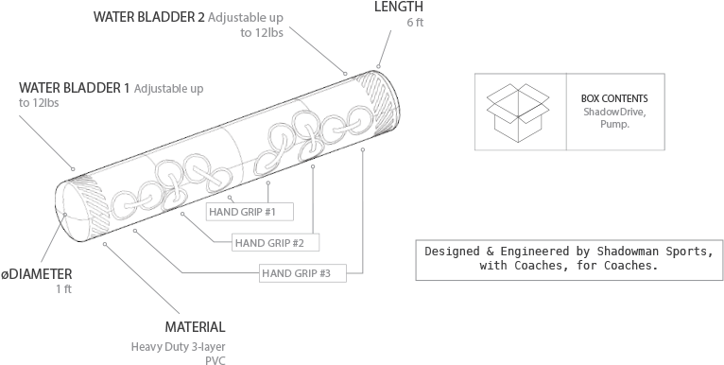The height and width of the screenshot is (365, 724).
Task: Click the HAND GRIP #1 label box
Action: click(241, 211)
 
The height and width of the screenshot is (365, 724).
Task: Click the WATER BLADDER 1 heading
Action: click(75, 89)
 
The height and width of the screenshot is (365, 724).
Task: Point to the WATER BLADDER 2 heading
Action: click(148, 18)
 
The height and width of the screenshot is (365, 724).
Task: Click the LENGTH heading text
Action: click(398, 7)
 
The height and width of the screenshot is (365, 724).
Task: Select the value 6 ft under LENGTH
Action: click(415, 23)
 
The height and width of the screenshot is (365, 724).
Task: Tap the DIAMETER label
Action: click(38, 273)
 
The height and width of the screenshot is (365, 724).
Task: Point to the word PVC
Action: click(215, 360)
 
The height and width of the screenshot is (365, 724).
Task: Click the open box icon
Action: click(518, 110)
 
